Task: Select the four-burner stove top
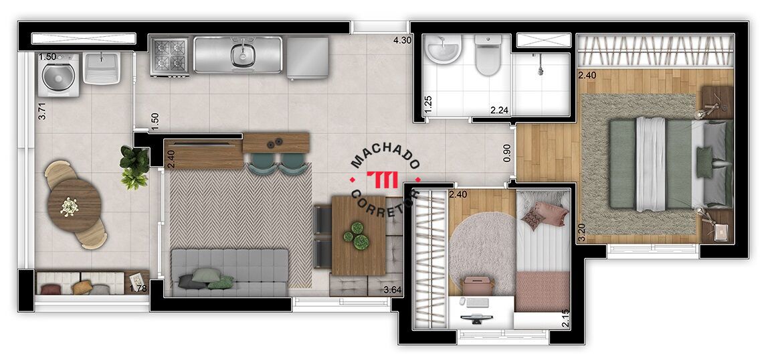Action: click(x=169, y=56)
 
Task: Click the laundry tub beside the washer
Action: click(x=102, y=68)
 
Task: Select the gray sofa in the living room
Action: click(x=229, y=273)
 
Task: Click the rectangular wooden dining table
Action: click(x=359, y=236)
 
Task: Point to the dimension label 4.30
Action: click(x=401, y=41)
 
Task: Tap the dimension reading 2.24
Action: click(x=499, y=110)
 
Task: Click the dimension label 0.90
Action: click(x=507, y=153)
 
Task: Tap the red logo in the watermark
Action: click(x=383, y=180)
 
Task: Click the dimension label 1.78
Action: click(x=138, y=288)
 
